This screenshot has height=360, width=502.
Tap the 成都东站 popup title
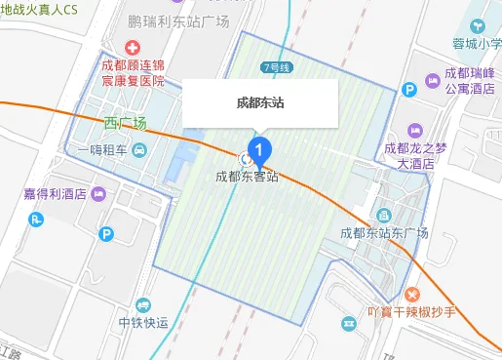[x=260, y=101]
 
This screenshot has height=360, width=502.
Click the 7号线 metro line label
[x=278, y=67]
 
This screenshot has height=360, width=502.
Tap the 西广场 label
[x=126, y=123]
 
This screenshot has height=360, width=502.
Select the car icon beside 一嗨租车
[x=140, y=150]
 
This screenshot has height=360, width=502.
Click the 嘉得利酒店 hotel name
[x=56, y=193]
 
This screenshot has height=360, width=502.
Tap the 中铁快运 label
[x=143, y=324]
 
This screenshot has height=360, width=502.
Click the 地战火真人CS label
[x=39, y=9]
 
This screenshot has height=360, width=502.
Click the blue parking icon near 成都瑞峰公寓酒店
[x=410, y=89]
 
